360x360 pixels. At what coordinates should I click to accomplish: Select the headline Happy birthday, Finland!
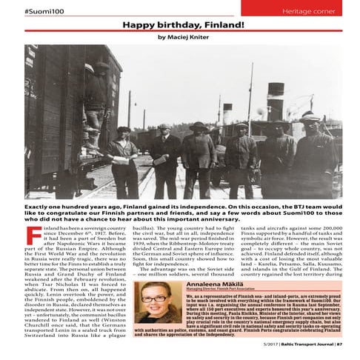pos(179,26)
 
